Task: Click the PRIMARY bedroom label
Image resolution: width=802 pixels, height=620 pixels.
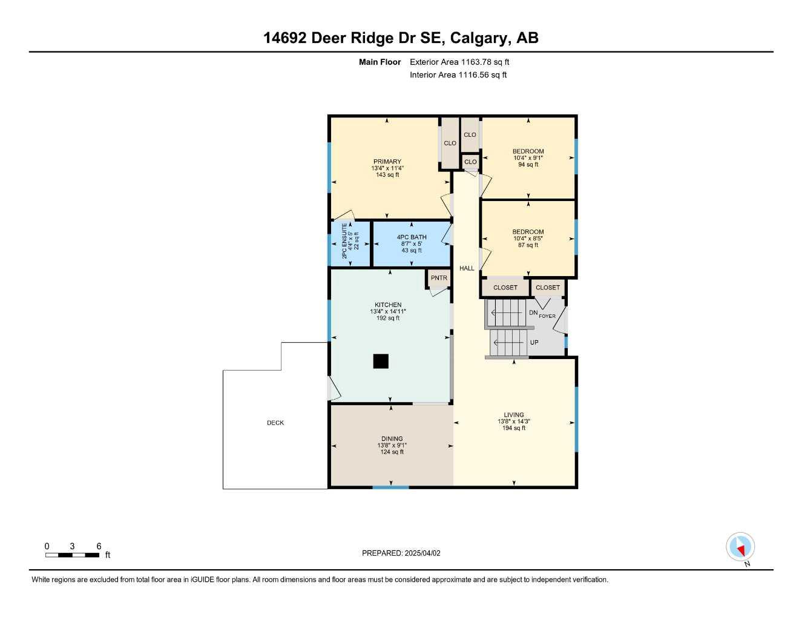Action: [x=387, y=162]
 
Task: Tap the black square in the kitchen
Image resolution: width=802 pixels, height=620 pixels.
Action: [x=381, y=361]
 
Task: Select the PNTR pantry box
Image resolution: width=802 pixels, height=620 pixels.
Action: [x=439, y=279]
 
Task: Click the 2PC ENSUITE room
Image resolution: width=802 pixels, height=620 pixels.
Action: [x=350, y=242]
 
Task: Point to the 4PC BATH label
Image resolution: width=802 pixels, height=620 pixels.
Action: [x=412, y=237]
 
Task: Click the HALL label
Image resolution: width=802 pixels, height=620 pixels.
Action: [x=467, y=268]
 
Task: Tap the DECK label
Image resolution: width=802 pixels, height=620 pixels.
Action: [x=275, y=423]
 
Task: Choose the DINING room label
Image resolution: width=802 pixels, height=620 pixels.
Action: [x=392, y=439]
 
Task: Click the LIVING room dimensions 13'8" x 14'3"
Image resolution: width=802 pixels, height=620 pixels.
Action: [x=514, y=421]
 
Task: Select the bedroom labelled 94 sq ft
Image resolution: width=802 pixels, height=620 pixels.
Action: [x=528, y=158]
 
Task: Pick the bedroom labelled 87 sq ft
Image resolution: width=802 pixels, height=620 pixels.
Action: [x=528, y=239]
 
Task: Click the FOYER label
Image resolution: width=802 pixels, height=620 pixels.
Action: [x=547, y=316]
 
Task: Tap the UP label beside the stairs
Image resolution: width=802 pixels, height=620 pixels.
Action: [x=534, y=343]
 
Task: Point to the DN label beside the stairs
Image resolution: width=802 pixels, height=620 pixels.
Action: [x=533, y=313]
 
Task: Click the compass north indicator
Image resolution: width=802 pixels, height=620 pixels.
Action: [x=740, y=547]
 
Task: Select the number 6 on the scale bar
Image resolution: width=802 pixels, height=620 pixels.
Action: [x=99, y=546]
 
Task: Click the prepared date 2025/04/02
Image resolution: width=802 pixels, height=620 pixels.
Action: [x=421, y=553]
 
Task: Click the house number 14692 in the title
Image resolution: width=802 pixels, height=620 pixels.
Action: [x=285, y=38]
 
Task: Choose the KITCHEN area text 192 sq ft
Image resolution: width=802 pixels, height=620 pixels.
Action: [x=388, y=318]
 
